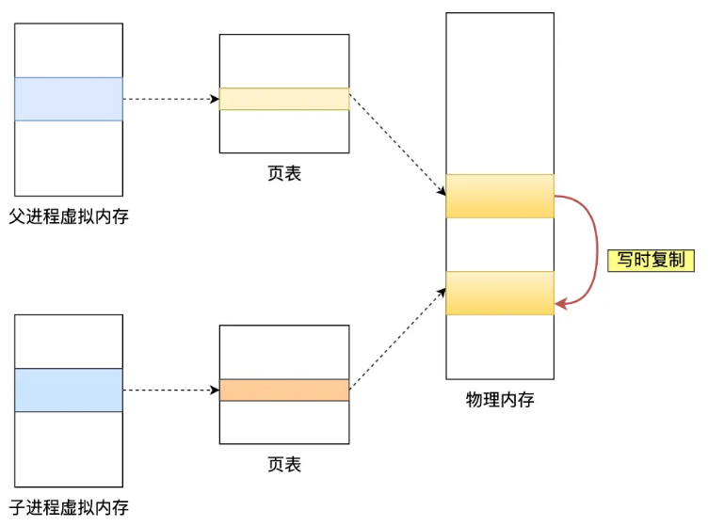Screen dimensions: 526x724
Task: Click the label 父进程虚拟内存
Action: click(x=69, y=216)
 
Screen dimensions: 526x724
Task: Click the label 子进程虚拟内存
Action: click(x=69, y=508)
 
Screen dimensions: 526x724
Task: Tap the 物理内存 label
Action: click(x=500, y=399)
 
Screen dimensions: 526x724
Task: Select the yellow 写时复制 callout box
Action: click(x=651, y=261)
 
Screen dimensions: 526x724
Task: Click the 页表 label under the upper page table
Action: click(x=284, y=173)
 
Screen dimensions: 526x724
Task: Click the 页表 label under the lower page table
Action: click(x=284, y=464)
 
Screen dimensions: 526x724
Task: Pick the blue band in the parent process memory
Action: click(x=69, y=99)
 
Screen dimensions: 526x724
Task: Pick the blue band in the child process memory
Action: click(x=69, y=390)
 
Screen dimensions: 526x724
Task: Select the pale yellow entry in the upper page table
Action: click(x=284, y=99)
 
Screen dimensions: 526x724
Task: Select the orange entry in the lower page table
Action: click(x=284, y=390)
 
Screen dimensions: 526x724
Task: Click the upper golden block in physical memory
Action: click(x=500, y=196)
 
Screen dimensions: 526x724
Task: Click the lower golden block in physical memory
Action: click(x=500, y=293)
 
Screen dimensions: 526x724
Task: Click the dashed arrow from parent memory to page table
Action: click(x=169, y=99)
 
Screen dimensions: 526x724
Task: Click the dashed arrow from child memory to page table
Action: click(x=169, y=390)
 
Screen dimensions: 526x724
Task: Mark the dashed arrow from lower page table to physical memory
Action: click(x=397, y=339)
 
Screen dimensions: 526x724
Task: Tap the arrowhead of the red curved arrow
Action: click(x=561, y=303)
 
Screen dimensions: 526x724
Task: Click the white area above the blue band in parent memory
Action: click(x=69, y=50)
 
